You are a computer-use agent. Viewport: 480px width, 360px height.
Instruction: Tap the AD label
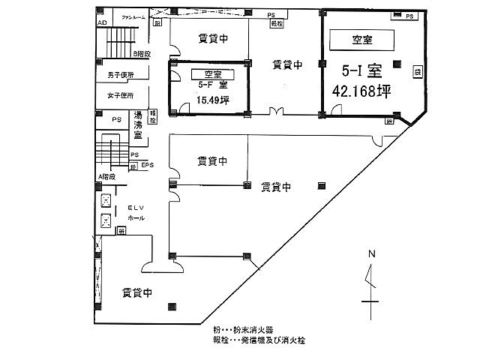pyautogui.click(x=100, y=22)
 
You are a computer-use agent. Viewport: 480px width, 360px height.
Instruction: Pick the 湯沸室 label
pyautogui.click(x=138, y=123)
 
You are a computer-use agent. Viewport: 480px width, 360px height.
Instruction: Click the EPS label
pyautogui.click(x=147, y=165)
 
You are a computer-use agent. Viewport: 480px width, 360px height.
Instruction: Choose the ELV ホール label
pyautogui.click(x=136, y=212)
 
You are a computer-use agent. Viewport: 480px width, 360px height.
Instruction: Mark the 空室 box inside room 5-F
pyautogui.click(x=213, y=73)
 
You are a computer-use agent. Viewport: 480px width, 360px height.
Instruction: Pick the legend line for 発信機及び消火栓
pyautogui.click(x=259, y=340)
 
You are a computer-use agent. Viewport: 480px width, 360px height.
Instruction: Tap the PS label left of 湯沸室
pyautogui.click(x=117, y=119)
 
